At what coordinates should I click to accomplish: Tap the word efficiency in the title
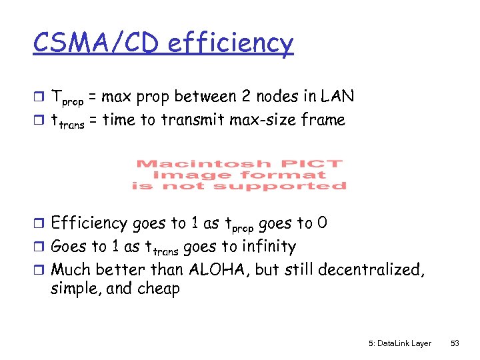tap(231, 44)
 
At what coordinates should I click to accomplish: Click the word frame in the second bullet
tap(323, 120)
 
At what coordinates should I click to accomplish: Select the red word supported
tap(297, 186)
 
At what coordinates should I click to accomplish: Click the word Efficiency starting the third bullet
tap(89, 223)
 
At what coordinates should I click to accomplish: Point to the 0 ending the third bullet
tap(322, 223)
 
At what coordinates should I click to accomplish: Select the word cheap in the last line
tap(157, 289)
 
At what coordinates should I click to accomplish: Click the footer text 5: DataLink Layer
tap(399, 343)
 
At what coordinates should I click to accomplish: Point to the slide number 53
tap(455, 343)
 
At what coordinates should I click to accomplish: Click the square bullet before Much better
tap(41, 270)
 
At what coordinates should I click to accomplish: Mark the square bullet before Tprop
tap(41, 97)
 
